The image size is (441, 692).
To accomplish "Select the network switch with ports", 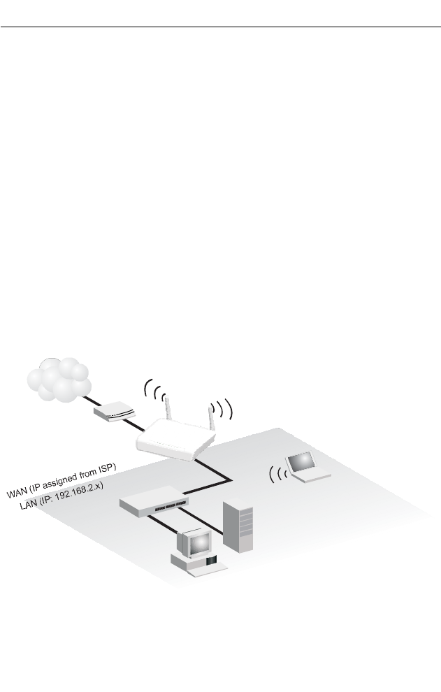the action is click(154, 501).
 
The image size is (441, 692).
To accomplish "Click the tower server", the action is click(236, 525).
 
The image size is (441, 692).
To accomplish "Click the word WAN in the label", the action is click(18, 494).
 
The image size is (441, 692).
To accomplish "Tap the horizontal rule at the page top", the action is click(220, 29).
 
